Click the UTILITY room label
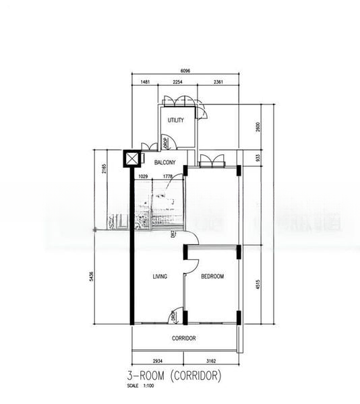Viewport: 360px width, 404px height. click(x=176, y=121)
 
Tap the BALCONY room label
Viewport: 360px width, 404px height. click(x=165, y=163)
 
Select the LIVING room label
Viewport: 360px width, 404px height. click(x=160, y=277)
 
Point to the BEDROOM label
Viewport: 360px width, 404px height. click(x=212, y=277)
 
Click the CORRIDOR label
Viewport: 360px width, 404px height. click(x=184, y=339)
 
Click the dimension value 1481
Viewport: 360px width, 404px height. click(x=145, y=82)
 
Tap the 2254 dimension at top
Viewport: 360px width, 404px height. click(x=177, y=82)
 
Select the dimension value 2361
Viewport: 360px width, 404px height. click(x=218, y=82)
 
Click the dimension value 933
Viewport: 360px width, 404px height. click(x=257, y=159)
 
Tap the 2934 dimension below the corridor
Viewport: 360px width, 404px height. click(x=158, y=362)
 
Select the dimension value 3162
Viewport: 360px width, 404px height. click(x=211, y=362)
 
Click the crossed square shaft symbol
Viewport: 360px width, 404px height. click(x=131, y=160)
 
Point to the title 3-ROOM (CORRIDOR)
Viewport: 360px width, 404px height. click(x=173, y=375)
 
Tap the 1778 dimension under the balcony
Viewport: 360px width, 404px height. click(x=168, y=177)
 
